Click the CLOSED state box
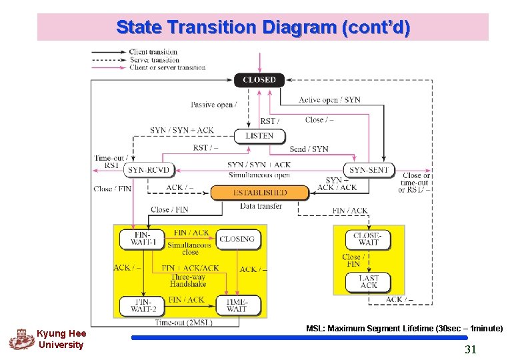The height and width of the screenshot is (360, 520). [259, 80]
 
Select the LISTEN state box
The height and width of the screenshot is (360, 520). [259, 136]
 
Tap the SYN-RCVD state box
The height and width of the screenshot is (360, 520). [149, 170]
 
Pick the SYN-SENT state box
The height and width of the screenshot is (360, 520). [369, 170]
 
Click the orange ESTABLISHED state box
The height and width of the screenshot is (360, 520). [260, 193]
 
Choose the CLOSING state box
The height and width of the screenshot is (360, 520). [237, 239]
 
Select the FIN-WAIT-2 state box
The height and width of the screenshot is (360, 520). [141, 305]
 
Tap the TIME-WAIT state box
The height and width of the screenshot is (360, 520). [237, 305]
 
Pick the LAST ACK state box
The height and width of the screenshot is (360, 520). [368, 281]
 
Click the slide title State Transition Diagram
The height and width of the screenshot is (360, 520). [263, 27]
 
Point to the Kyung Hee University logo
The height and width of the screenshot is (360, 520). [20, 339]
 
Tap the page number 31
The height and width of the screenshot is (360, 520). [470, 349]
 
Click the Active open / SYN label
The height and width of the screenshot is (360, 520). [329, 100]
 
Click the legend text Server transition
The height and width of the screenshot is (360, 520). [154, 59]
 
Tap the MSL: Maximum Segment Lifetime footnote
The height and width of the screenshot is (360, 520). [404, 329]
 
